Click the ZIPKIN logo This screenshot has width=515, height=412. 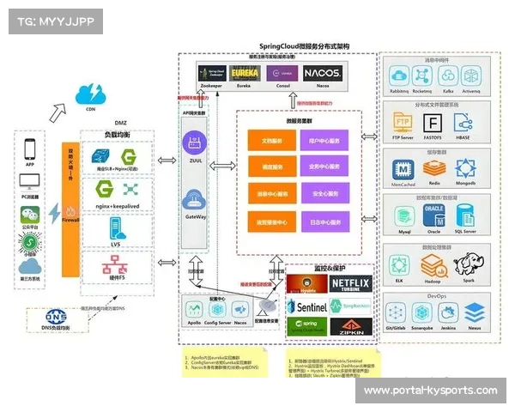click(x=349, y=326)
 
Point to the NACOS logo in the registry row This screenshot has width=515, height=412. click(x=323, y=74)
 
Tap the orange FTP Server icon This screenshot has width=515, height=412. click(x=402, y=122)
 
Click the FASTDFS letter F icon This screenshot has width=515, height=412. click(x=433, y=122)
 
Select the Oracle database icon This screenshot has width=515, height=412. click(x=433, y=213)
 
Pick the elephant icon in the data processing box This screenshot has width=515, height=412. click(x=466, y=262)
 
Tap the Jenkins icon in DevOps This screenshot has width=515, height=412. click(x=445, y=312)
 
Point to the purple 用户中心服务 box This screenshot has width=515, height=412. click(x=324, y=140)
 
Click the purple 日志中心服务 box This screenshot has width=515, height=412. click(x=324, y=221)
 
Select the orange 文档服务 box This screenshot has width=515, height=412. click(x=270, y=140)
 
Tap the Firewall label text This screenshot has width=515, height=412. click(x=72, y=220)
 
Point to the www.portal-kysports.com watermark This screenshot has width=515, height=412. click(x=430, y=391)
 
